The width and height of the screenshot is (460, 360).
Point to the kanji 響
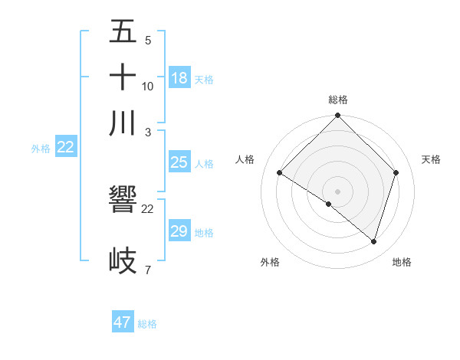click(123, 202)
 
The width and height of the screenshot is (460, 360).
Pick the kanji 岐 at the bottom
click(123, 260)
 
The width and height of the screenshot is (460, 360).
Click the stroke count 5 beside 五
click(147, 41)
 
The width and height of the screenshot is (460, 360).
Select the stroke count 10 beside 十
click(148, 86)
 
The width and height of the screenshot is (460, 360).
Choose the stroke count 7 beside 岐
click(147, 270)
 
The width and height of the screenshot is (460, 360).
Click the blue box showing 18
click(179, 78)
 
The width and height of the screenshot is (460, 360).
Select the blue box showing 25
click(179, 162)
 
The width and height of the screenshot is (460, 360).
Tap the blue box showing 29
click(179, 231)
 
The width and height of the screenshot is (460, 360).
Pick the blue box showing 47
click(123, 322)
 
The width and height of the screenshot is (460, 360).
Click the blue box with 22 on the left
click(65, 148)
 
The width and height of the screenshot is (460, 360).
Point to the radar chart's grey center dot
click(337, 191)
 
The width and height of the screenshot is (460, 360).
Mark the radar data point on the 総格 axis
click(337, 116)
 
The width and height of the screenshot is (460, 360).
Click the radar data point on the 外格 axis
click(328, 204)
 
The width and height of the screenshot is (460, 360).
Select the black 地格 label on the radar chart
click(402, 262)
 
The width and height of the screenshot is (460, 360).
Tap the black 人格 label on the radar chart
click(245, 159)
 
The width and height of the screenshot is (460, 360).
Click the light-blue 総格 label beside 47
click(147, 324)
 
